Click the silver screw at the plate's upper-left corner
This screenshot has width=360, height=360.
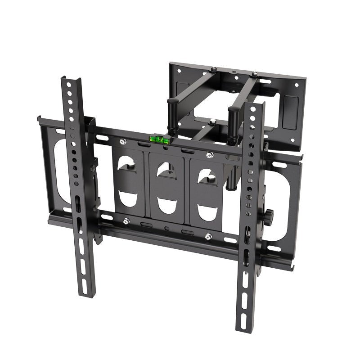123,142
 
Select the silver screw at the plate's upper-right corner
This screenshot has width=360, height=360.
208,156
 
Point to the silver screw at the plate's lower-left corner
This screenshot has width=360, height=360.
126,220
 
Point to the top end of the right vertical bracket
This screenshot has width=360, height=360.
255,106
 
